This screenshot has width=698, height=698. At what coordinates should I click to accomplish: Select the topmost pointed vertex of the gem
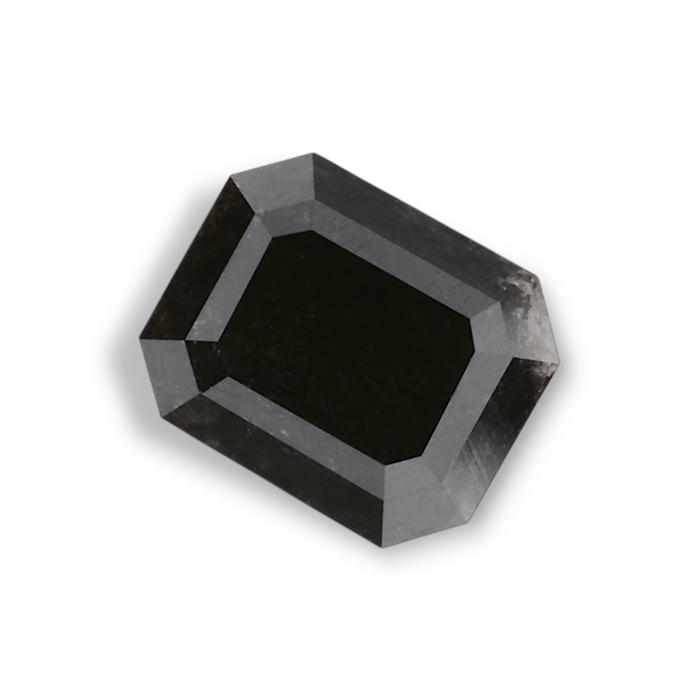313,153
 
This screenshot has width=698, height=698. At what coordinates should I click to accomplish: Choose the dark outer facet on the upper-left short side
196,255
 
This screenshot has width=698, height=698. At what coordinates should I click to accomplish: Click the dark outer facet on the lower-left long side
274,463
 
